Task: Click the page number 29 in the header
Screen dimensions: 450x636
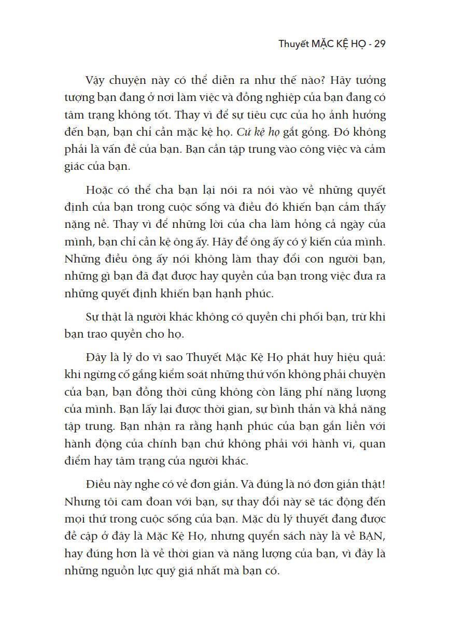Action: (379, 44)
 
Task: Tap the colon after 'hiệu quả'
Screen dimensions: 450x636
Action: (386, 357)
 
